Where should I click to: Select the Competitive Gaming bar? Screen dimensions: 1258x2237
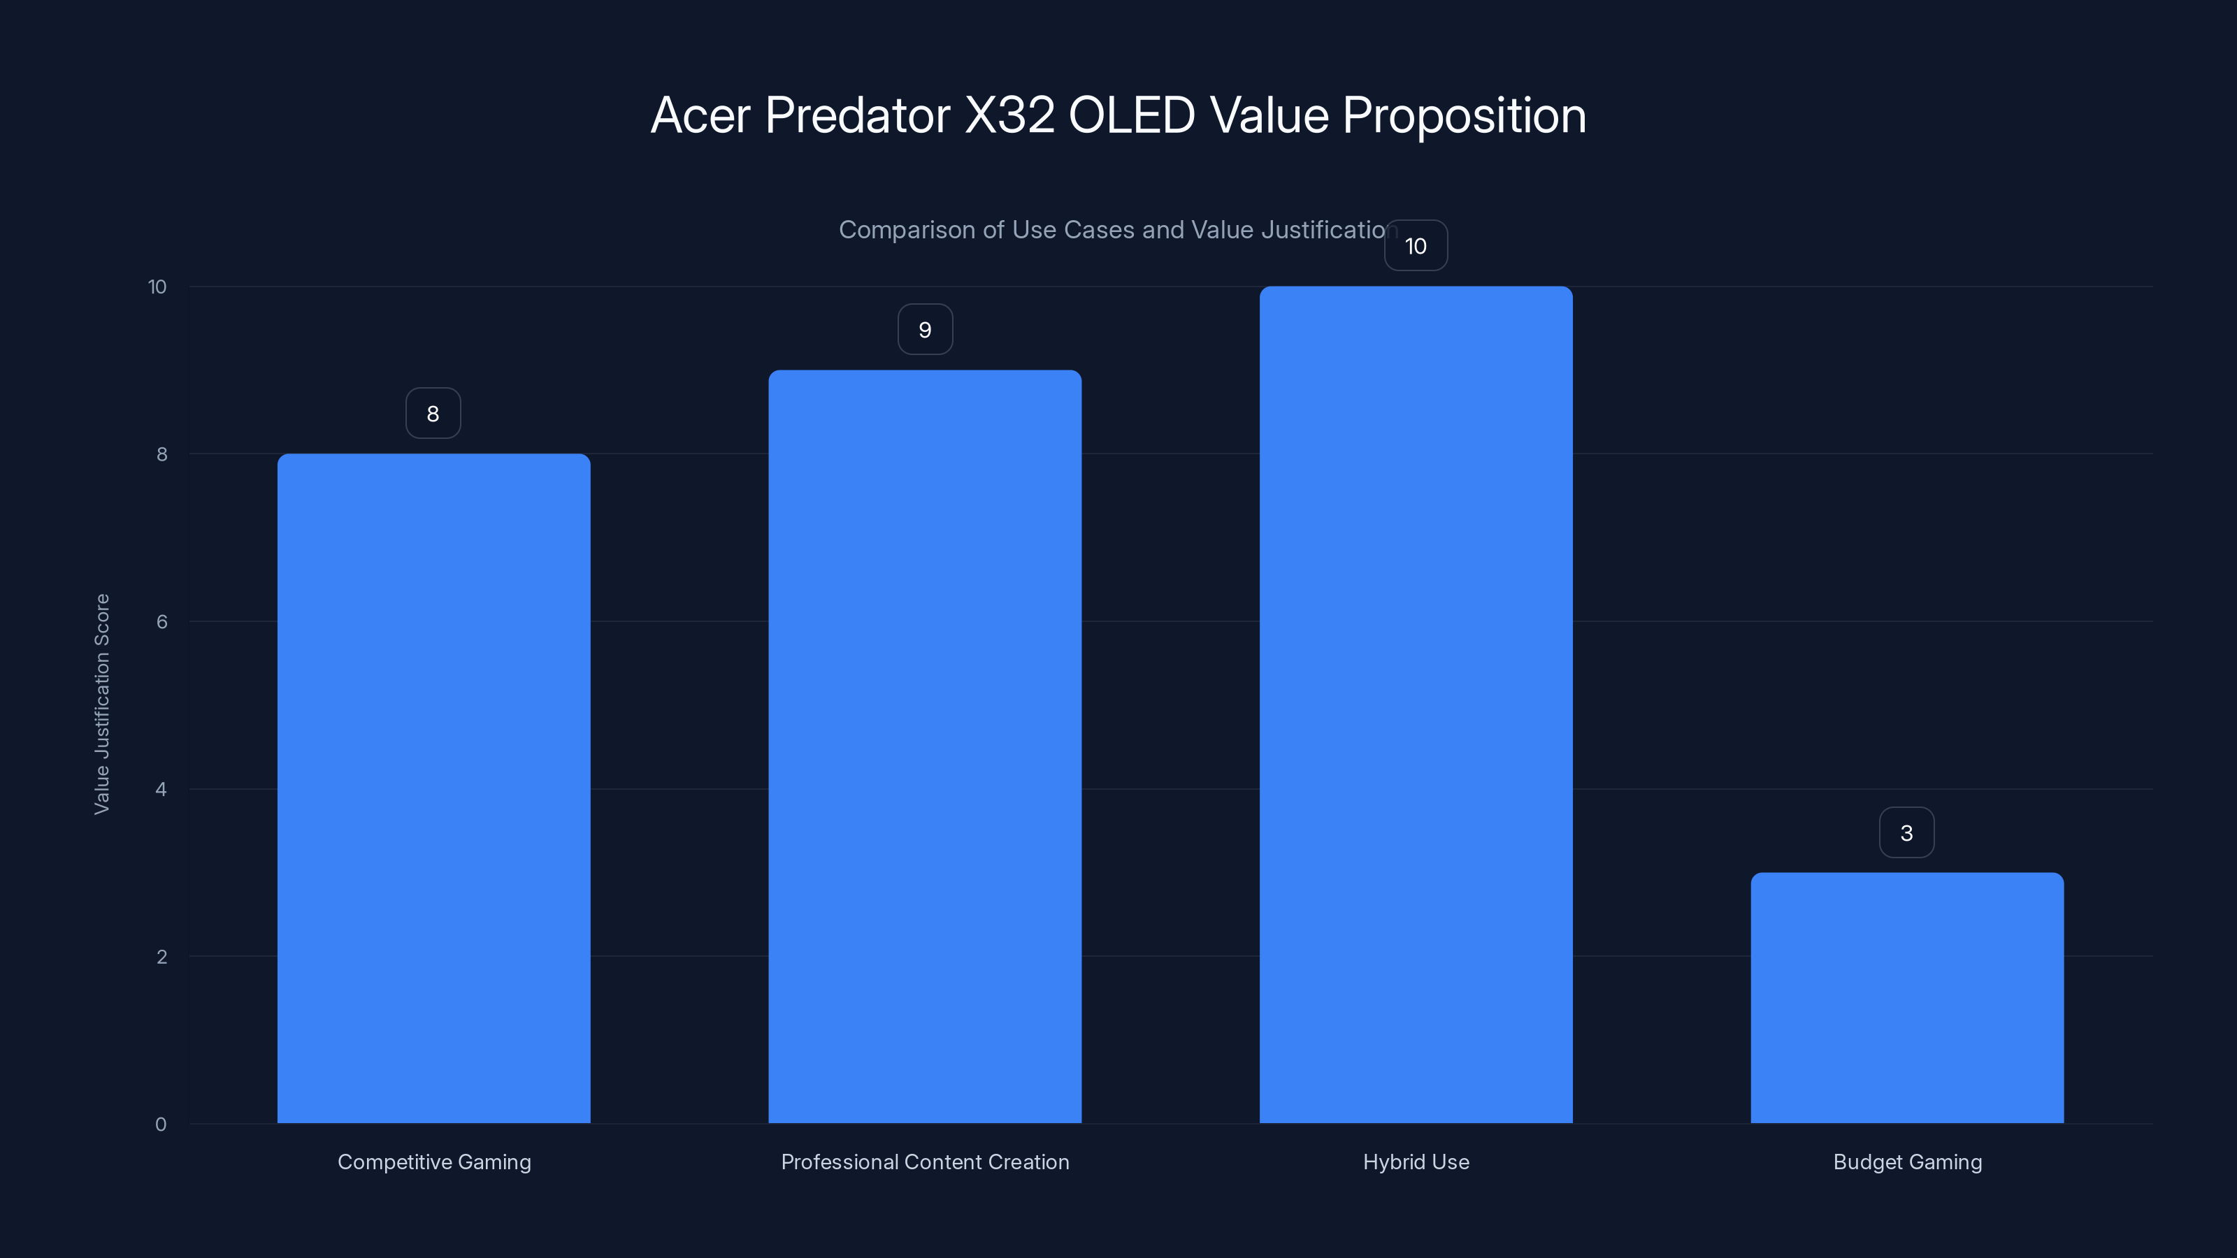(433, 788)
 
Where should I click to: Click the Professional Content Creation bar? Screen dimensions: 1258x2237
(925, 746)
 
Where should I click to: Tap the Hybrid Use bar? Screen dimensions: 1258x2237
(1416, 705)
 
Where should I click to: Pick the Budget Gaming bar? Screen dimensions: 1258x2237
(1907, 999)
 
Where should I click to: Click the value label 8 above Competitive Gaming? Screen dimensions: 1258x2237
(433, 413)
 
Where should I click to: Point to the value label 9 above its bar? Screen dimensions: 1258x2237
(925, 330)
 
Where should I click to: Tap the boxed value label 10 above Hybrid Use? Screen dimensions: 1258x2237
(1416, 246)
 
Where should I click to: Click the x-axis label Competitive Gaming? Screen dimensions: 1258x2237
(433, 1162)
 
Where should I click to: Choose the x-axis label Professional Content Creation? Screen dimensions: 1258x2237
(925, 1162)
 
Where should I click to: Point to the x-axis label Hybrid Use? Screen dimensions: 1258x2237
(1416, 1162)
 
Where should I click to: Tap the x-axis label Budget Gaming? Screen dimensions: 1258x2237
(1907, 1162)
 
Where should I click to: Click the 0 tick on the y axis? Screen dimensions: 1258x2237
(161, 1125)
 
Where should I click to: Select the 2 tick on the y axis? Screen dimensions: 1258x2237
(161, 957)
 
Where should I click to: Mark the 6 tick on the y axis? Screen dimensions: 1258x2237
(161, 621)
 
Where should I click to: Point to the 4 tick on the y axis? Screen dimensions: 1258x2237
(161, 789)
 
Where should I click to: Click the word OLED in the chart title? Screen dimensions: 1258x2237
(1132, 115)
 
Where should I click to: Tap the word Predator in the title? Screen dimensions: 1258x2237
(857, 115)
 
